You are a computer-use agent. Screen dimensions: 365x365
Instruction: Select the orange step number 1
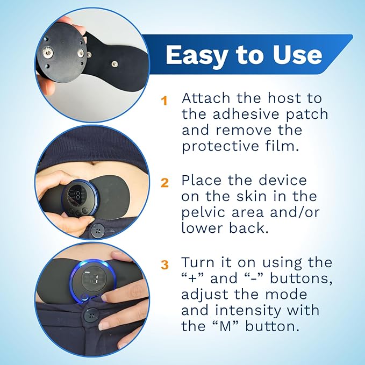164,99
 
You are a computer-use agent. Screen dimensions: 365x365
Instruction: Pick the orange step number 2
164,182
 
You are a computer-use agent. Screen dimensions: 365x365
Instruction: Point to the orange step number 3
164,264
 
